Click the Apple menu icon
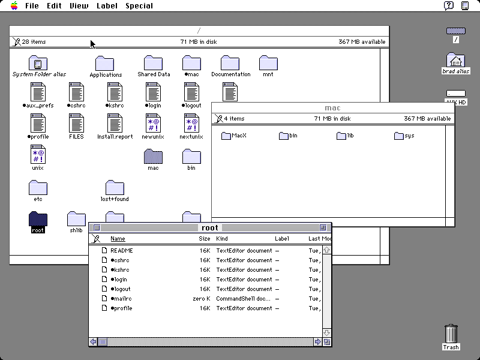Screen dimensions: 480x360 (x=14, y=5)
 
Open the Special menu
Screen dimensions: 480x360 (x=139, y=6)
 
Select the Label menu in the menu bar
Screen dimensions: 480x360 (x=107, y=6)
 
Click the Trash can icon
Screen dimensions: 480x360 (x=451, y=334)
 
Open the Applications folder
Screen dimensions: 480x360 (x=104, y=64)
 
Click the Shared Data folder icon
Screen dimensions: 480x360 (x=153, y=63)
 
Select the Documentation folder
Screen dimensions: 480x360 (x=230, y=63)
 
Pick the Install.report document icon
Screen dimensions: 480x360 (x=115, y=123)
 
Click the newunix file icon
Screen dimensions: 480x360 (x=153, y=123)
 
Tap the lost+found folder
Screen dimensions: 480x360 (x=115, y=187)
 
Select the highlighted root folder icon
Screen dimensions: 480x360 (x=38, y=218)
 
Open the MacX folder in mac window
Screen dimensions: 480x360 (x=226, y=136)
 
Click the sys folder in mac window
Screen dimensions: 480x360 (x=398, y=136)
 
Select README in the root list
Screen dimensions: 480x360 (x=122, y=250)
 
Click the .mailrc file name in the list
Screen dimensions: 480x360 (x=122, y=298)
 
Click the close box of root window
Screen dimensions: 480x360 (x=97, y=228)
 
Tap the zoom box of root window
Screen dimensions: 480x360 (x=323, y=228)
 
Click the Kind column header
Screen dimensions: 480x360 (x=222, y=238)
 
